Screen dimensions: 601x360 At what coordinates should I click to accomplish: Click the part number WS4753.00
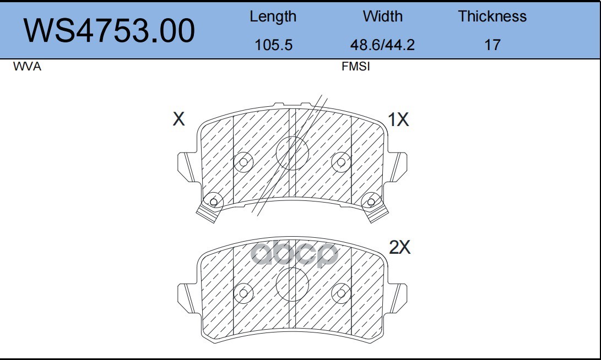click(109, 30)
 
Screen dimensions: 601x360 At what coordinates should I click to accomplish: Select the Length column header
click(273, 17)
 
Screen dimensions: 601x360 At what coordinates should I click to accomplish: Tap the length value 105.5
click(273, 45)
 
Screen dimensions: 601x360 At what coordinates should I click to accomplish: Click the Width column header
click(382, 16)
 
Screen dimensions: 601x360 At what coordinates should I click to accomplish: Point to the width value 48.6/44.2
click(382, 45)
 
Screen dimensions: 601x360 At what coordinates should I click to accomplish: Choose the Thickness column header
click(492, 16)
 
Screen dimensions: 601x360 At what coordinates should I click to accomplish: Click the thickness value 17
click(492, 45)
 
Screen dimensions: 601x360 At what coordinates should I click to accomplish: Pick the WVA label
click(27, 67)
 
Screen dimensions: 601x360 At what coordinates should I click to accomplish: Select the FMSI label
click(356, 67)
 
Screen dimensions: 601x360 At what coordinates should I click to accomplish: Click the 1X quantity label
click(398, 119)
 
